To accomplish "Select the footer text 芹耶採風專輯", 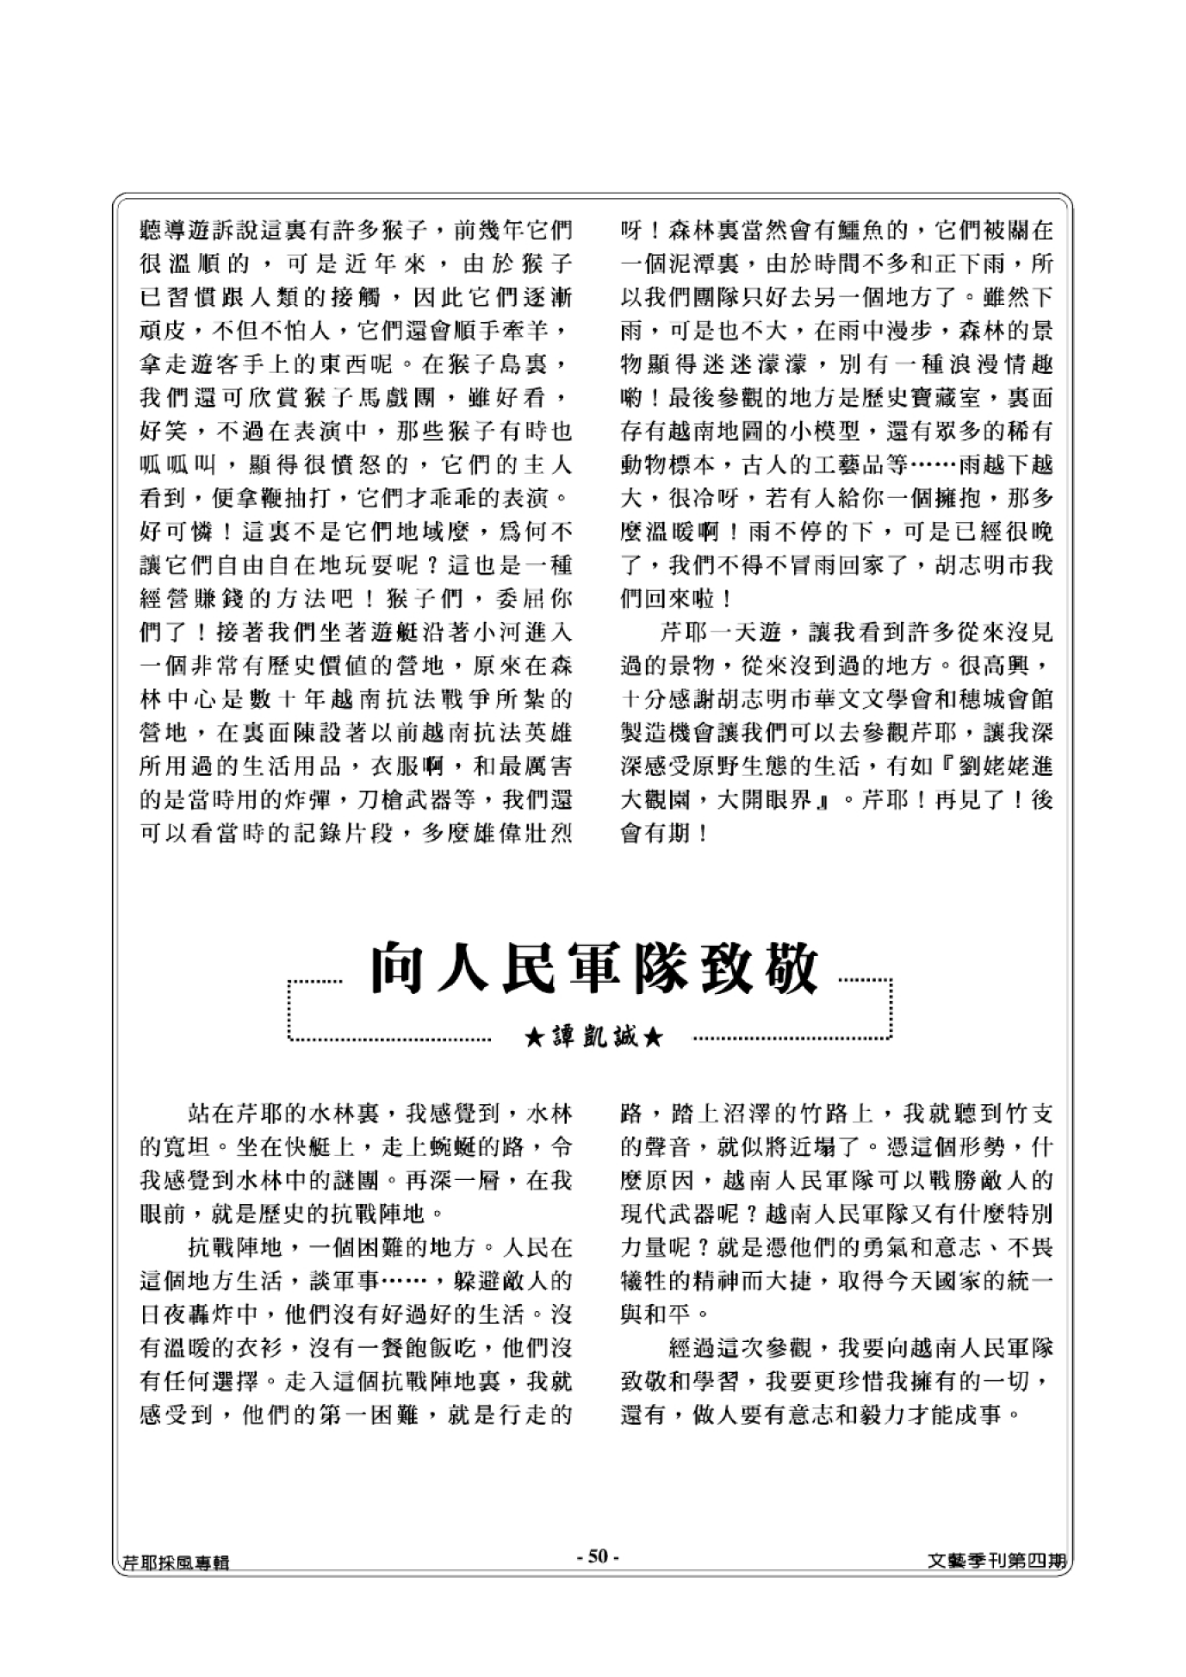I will [x=176, y=1562].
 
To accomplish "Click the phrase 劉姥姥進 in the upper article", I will [x=996, y=767].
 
